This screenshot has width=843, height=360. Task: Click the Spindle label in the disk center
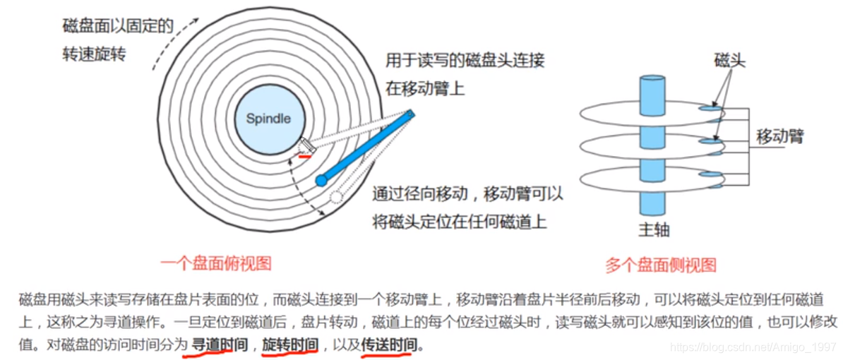(x=268, y=119)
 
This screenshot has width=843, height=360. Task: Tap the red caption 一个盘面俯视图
(x=215, y=264)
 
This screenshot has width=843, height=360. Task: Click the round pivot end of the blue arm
(x=321, y=179)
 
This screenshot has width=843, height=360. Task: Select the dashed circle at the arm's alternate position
(x=336, y=197)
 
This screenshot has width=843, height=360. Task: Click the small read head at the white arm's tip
(x=306, y=145)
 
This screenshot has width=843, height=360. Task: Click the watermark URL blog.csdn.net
(x=753, y=347)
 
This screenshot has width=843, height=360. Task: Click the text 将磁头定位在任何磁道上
(x=459, y=222)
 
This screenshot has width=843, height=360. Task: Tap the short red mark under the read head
(x=304, y=156)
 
